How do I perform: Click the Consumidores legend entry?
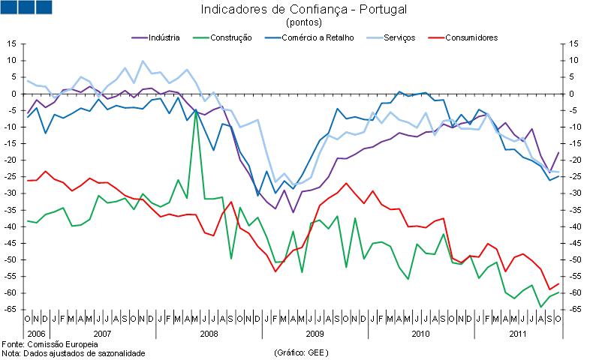tap(471, 37)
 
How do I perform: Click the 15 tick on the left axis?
tap(12, 44)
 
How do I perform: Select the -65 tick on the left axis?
tap(11, 309)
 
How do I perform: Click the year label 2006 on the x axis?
tap(35, 332)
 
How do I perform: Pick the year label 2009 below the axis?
tap(315, 332)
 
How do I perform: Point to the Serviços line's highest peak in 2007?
tap(143, 61)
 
